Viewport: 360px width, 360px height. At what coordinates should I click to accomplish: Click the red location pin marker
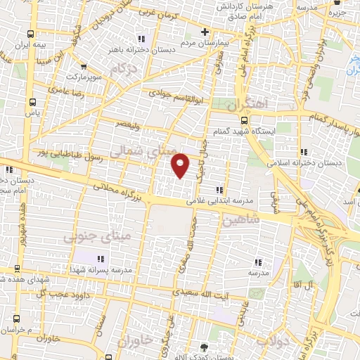(x=181, y=165)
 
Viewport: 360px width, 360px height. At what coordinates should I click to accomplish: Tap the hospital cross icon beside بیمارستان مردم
(x=205, y=32)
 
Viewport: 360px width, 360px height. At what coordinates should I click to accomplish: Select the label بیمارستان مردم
(x=205, y=42)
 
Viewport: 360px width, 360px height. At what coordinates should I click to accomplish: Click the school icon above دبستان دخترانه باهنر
(x=142, y=39)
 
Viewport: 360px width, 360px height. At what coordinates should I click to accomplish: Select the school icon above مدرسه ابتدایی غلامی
(x=219, y=189)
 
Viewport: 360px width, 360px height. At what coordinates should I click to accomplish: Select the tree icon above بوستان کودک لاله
(x=204, y=347)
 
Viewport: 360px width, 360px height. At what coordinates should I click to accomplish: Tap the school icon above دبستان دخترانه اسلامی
(x=303, y=152)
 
